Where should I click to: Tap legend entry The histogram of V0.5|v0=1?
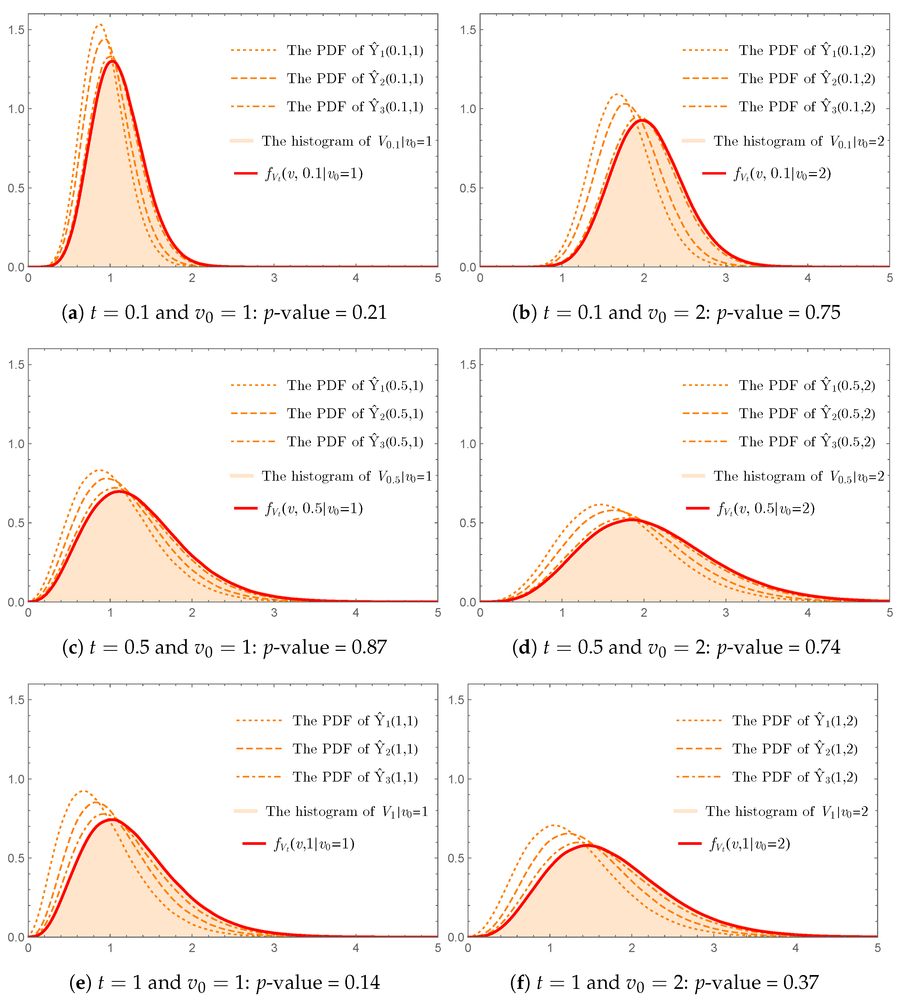coord(346,476)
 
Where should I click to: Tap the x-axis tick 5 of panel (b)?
coord(889,278)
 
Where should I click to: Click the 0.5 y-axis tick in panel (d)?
coord(468,523)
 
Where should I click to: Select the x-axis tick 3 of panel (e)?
coord(274,948)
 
